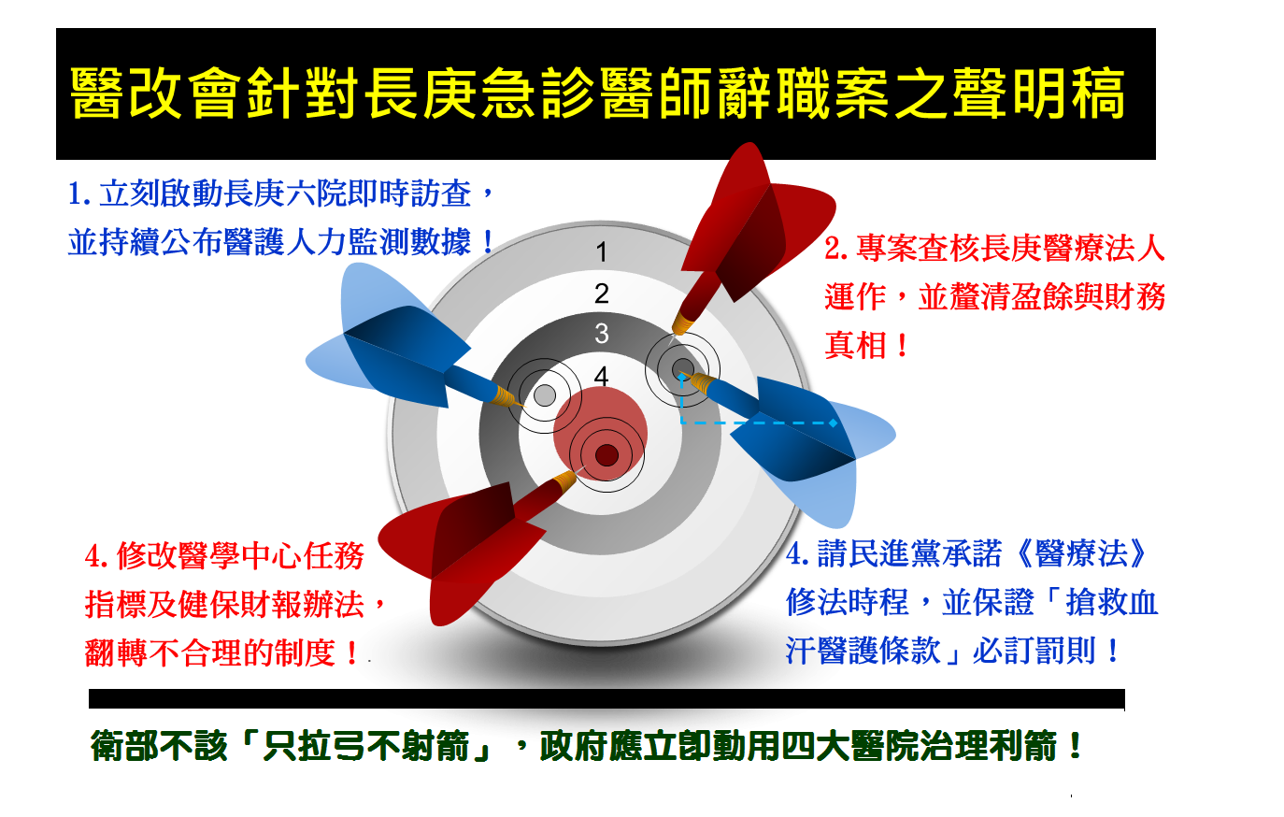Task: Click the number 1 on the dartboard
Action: point(601,251)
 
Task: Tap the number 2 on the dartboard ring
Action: point(601,294)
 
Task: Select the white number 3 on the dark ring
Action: point(601,334)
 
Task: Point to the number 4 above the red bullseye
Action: point(601,377)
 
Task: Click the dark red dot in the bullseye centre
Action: point(606,456)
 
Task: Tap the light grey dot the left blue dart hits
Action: point(545,395)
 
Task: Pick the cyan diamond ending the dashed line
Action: point(834,423)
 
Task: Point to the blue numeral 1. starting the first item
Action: point(79,193)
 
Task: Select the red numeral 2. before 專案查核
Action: point(836,249)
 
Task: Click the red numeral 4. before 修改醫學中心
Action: point(97,556)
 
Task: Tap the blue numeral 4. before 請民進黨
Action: point(797,554)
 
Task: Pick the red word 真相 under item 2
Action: point(855,346)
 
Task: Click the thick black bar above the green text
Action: point(606,699)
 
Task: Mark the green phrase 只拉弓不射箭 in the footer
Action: point(366,746)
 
